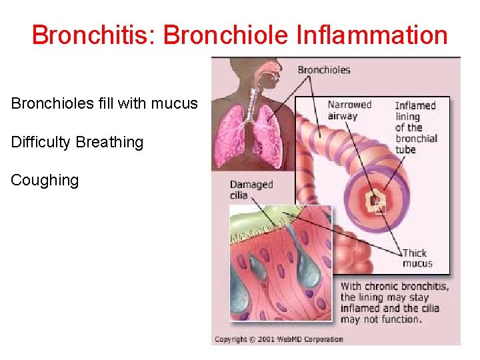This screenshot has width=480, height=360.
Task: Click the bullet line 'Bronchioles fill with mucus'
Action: [104, 104]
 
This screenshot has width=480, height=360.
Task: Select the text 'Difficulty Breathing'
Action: [77, 142]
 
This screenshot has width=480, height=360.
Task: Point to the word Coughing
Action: [45, 180]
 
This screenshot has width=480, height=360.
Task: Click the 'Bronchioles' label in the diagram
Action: [324, 70]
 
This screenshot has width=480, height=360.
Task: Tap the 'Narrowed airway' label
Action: [349, 110]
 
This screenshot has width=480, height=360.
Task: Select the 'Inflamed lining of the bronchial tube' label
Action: [415, 127]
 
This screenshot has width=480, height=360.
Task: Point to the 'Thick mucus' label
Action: [417, 258]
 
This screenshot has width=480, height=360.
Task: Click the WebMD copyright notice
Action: [279, 339]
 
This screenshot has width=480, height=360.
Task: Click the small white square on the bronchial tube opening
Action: [380, 208]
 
